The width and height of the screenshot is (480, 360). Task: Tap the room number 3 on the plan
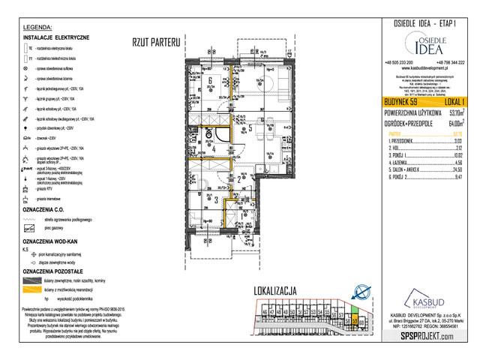click(215, 199)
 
